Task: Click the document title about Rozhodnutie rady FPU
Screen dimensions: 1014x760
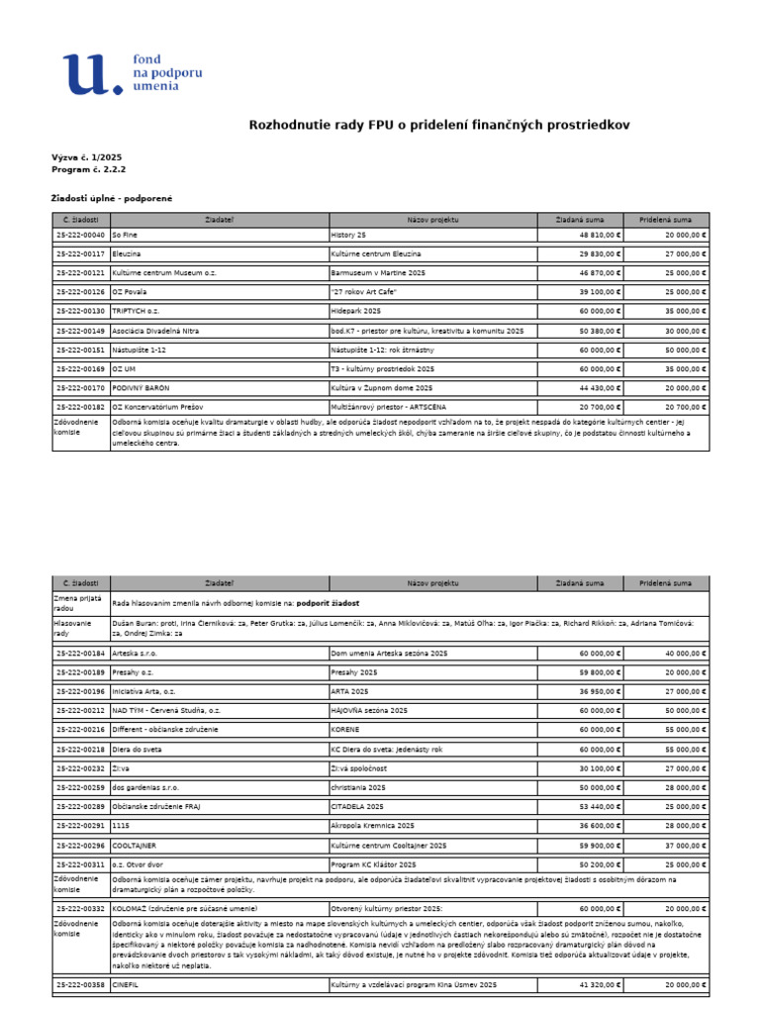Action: pos(437,125)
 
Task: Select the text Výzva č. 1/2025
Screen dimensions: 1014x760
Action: pos(87,157)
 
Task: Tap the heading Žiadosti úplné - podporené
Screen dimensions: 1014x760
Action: pos(112,198)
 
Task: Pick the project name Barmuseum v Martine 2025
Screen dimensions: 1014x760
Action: pos(380,271)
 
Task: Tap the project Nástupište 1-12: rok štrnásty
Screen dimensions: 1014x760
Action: pos(382,350)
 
